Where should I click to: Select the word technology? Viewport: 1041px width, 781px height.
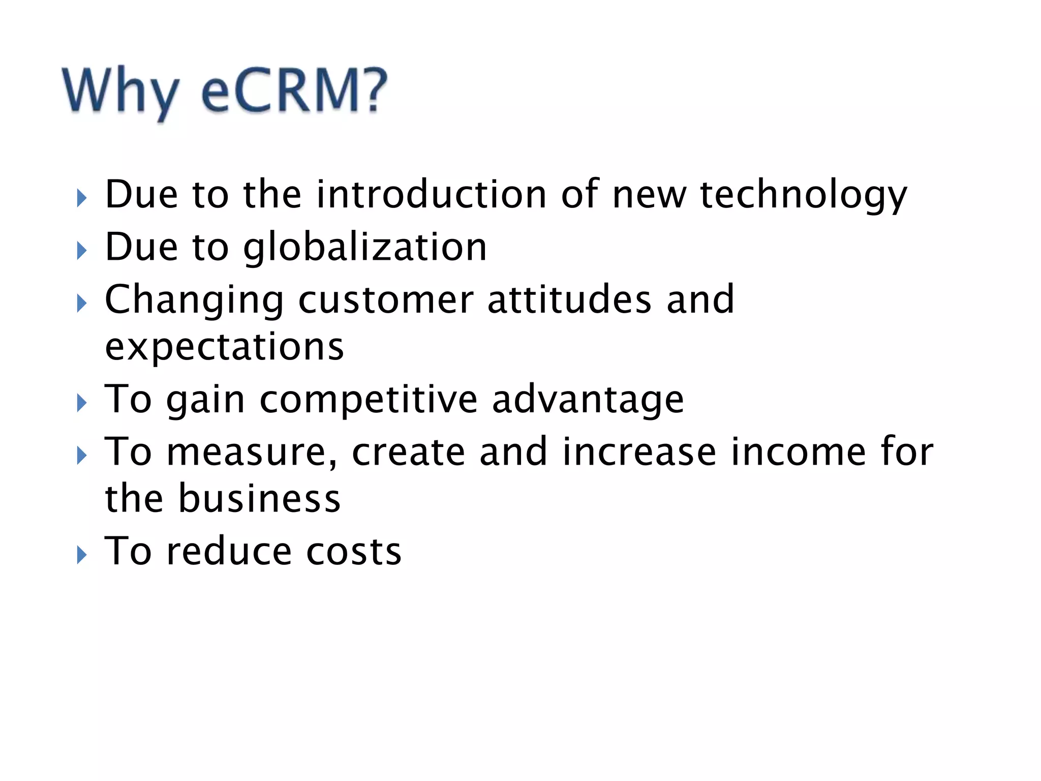click(x=803, y=196)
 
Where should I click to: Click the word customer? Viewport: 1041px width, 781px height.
click(x=386, y=300)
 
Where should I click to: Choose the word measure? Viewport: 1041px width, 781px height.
click(x=252, y=453)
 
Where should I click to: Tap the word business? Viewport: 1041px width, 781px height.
click(x=259, y=499)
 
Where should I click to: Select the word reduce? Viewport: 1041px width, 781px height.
click(x=229, y=551)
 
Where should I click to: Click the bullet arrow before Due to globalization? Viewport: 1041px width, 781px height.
click(x=81, y=251)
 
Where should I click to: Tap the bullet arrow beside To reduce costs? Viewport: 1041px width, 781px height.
click(x=81, y=555)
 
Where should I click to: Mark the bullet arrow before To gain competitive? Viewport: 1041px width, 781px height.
click(x=81, y=403)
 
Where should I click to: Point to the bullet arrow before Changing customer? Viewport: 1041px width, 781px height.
click(x=81, y=304)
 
